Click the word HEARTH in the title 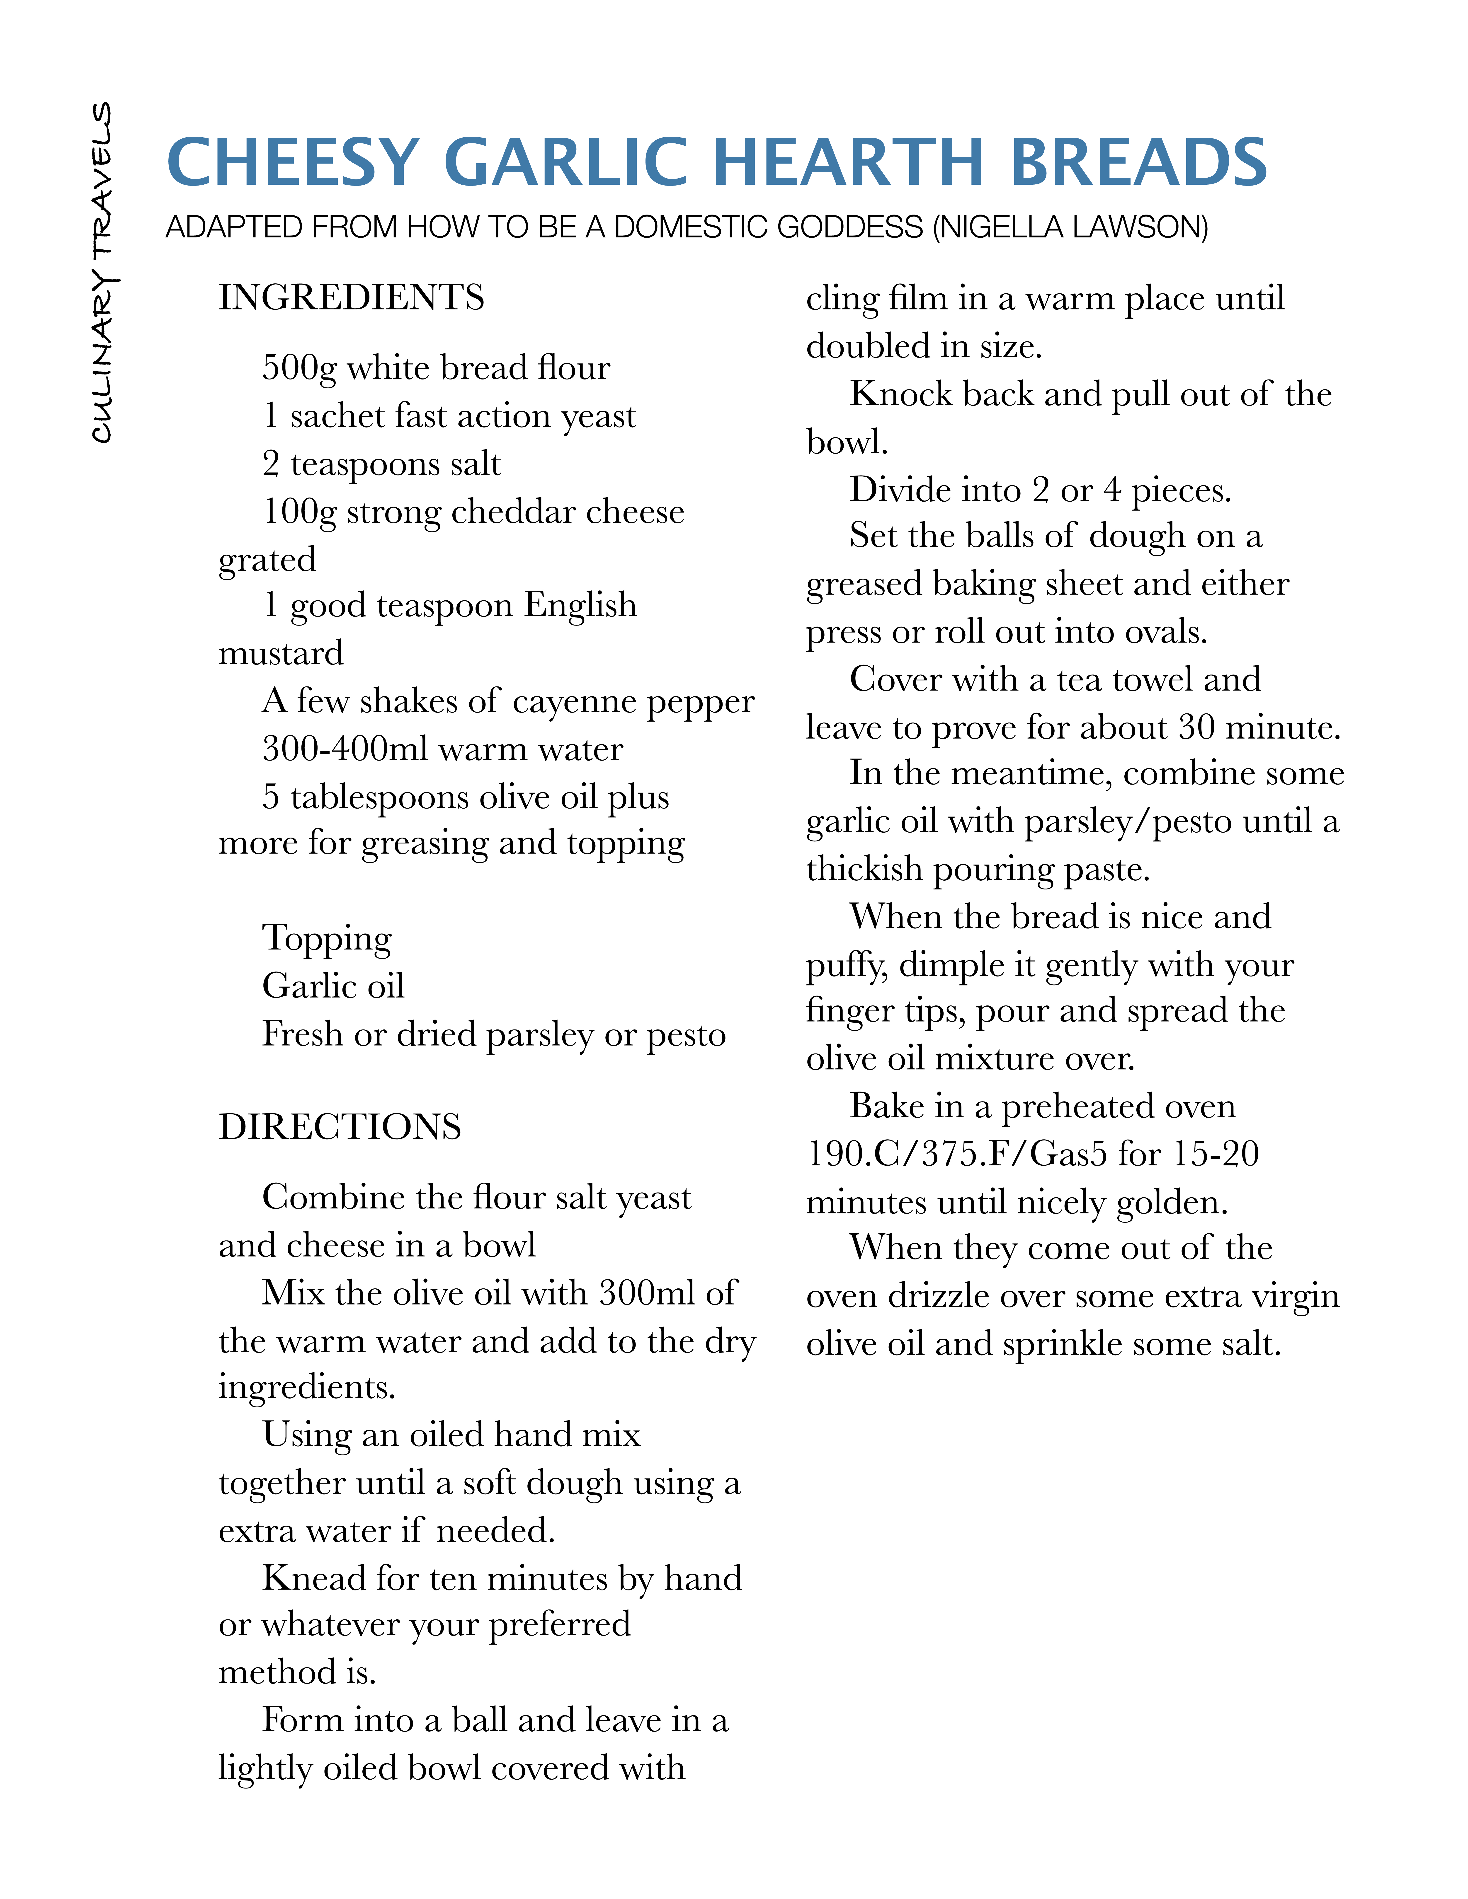(849, 163)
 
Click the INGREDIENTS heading (351, 297)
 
